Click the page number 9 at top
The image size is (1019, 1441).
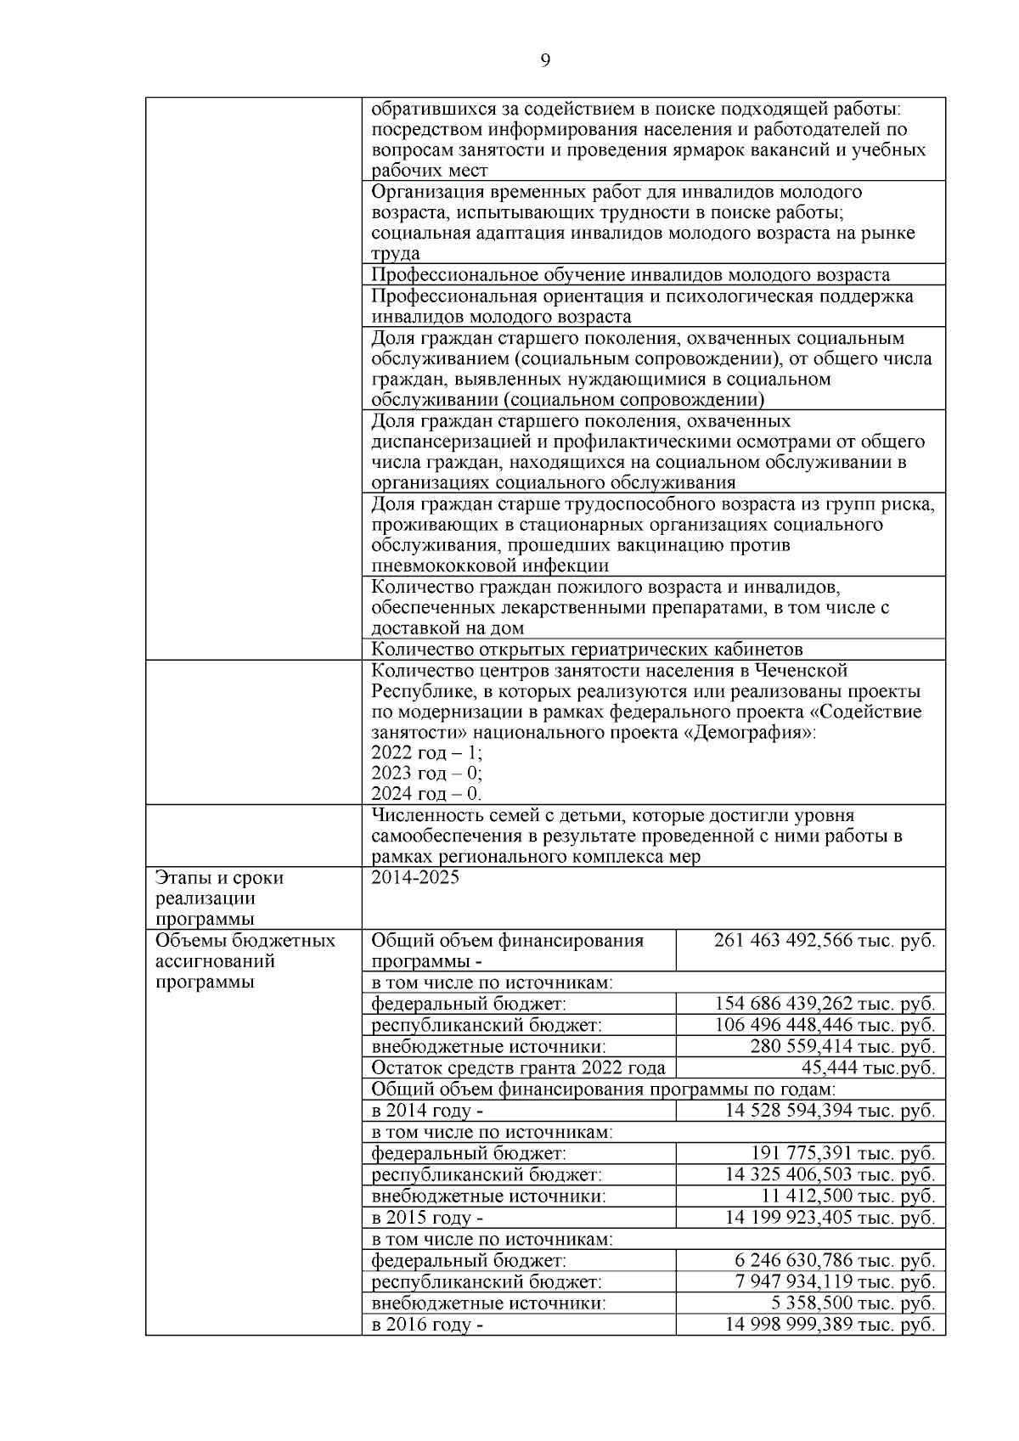(x=545, y=59)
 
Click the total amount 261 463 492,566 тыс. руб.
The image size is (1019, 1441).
(x=824, y=941)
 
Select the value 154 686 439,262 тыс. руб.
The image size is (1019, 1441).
(x=825, y=1004)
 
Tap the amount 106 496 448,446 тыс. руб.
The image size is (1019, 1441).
(x=825, y=1025)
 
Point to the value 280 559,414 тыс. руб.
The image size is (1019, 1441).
(x=842, y=1046)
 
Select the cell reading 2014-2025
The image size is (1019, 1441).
(x=415, y=878)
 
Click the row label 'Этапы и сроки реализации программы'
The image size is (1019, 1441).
(x=219, y=898)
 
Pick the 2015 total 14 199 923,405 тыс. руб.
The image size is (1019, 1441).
(x=830, y=1218)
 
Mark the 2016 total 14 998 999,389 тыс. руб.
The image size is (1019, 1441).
(x=830, y=1325)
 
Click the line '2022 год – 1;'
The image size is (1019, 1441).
(x=427, y=752)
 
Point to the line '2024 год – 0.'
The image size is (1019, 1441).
(x=426, y=794)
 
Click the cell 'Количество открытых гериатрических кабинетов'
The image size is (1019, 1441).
(x=587, y=650)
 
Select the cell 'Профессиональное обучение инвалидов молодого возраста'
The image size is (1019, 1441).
(x=630, y=274)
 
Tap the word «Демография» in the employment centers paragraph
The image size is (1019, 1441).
(x=747, y=732)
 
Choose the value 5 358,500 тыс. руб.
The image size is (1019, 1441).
(x=850, y=1303)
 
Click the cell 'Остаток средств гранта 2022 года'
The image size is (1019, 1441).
(x=518, y=1068)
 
